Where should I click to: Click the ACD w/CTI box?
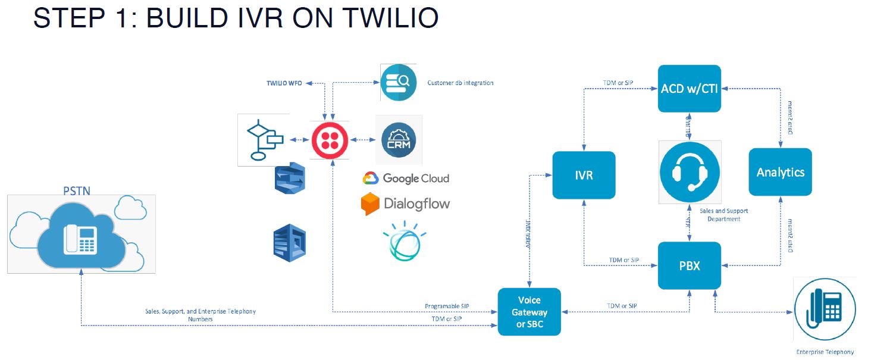point(689,89)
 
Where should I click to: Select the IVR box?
point(584,176)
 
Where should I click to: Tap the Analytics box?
point(780,172)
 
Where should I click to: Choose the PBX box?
point(689,265)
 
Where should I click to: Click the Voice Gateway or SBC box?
point(529,312)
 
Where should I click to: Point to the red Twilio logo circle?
point(329,140)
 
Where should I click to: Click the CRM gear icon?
point(399,140)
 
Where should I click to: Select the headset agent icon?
point(690,171)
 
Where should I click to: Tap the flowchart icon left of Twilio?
point(264,140)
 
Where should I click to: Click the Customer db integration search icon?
point(398,83)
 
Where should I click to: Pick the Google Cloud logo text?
point(406,178)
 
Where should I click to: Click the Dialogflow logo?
point(405,204)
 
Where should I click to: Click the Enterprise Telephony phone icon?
point(825,311)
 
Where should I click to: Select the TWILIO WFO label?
point(284,83)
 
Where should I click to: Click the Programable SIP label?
point(447,306)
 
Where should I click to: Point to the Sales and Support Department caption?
point(723,215)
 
